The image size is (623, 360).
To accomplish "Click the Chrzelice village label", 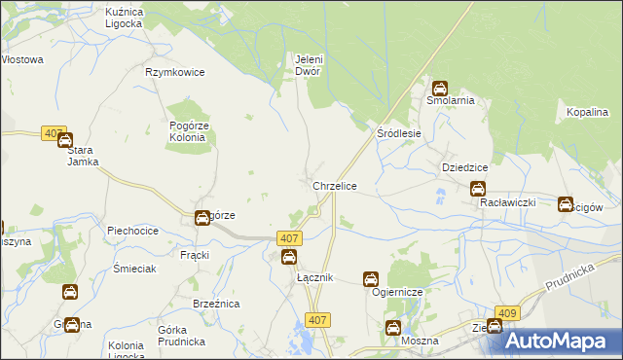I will point(334,185).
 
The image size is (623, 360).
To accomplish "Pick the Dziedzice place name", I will point(464,167).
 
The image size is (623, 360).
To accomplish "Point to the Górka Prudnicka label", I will point(179,336).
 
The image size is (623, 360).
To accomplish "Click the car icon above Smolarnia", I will point(440,88).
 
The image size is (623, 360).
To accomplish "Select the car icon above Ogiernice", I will point(371,279).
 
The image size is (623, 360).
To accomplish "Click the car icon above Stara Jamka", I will point(65,141).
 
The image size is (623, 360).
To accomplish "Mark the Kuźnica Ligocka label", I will point(124,16).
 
